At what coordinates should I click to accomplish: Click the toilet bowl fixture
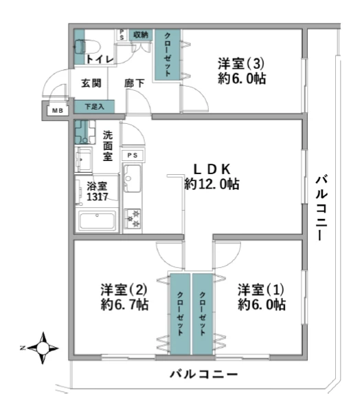pos(87,47)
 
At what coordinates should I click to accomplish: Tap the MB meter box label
pos(58,111)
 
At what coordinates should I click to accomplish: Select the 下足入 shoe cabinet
pos(94,107)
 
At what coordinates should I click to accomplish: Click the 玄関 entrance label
pos(91,83)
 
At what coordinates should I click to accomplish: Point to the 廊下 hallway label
pos(135,83)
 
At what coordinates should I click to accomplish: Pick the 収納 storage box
pos(141,35)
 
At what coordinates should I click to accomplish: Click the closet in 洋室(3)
pos(168,54)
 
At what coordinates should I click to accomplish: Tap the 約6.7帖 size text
pos(124,304)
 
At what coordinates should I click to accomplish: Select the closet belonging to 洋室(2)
pos(180,314)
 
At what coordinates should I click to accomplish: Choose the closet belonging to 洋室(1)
pos(203,314)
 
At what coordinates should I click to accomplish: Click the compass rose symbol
pos(43,348)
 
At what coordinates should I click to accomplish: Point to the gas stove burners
pos(133,218)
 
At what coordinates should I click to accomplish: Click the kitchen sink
pos(133,178)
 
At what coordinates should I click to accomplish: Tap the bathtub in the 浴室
pos(98,220)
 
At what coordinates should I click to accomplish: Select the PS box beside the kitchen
pos(133,156)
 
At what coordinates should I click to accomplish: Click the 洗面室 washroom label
pos(108,146)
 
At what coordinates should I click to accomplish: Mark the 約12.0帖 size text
pos(212,184)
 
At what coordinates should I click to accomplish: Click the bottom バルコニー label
pos(204,374)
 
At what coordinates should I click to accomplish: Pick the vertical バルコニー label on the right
pos(321,208)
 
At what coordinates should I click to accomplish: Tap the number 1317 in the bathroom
pos(98,196)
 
